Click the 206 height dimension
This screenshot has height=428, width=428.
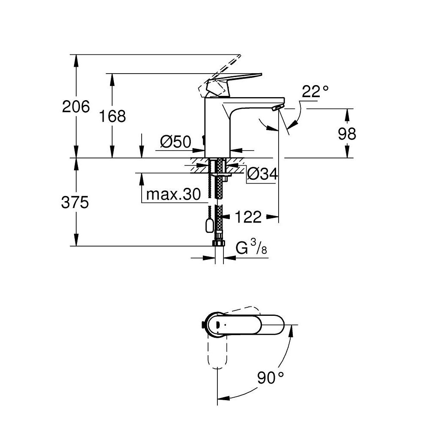click(x=76, y=106)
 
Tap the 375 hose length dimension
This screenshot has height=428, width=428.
click(x=75, y=202)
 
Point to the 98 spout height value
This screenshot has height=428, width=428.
click(x=347, y=134)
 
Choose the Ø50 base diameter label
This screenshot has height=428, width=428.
click(x=175, y=142)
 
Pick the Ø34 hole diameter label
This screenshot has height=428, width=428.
click(x=262, y=173)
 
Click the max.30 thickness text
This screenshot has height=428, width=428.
click(x=173, y=194)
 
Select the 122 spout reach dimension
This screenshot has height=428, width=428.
click(x=248, y=217)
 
